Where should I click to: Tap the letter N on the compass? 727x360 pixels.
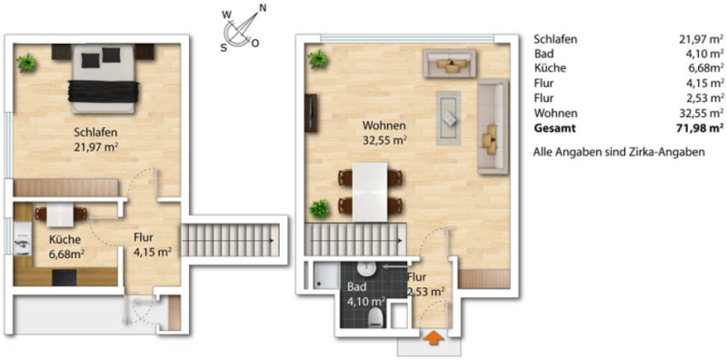(263, 7)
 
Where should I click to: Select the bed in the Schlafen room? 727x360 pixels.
(104, 78)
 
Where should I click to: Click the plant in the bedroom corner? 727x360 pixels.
(27, 63)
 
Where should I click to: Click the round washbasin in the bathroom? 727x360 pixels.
(367, 268)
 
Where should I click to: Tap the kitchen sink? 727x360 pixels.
(23, 243)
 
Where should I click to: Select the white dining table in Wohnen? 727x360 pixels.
(370, 192)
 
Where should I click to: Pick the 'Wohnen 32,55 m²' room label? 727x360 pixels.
(384, 132)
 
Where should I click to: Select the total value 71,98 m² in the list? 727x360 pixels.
(701, 128)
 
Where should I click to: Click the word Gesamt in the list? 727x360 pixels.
(554, 128)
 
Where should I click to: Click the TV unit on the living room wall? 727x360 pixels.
(312, 114)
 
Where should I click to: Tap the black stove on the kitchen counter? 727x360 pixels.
(65, 277)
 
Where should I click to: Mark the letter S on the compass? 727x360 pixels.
(224, 47)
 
